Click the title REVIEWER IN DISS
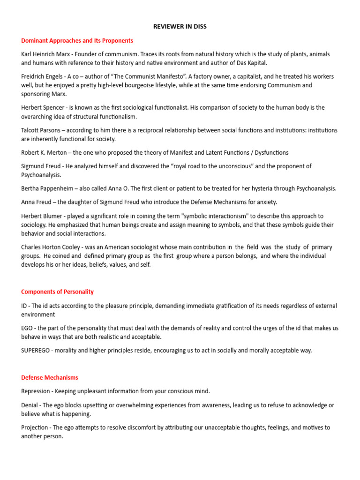pos(180,27)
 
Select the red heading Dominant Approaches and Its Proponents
pos(77,41)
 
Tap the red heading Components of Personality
pos(58,292)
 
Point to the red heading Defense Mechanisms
pos(50,377)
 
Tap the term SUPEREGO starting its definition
pos(37,351)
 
